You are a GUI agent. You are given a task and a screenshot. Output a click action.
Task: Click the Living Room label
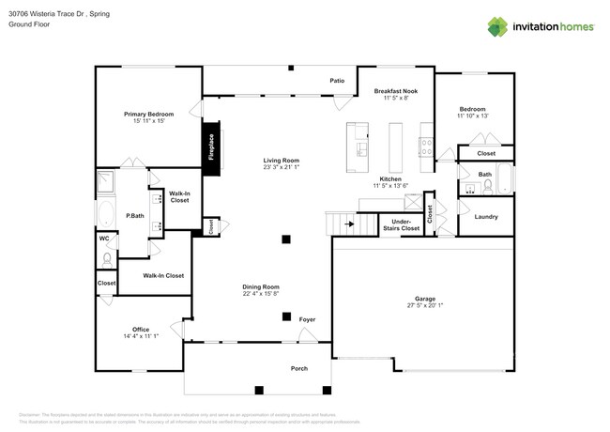point(281,161)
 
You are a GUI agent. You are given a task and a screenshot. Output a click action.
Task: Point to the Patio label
point(337,81)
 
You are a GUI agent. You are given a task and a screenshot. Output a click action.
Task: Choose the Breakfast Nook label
point(395,91)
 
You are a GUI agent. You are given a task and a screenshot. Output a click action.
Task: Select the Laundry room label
point(486,217)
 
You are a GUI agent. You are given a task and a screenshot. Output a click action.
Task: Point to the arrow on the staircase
point(348,224)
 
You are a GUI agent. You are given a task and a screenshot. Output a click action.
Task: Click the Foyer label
point(307,320)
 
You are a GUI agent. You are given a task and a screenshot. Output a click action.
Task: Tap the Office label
point(141,329)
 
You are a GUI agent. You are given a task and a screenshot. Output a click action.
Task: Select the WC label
point(104,238)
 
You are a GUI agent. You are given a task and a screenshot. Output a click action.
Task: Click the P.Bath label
point(134,217)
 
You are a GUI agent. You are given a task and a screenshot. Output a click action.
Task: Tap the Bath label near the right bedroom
point(484,174)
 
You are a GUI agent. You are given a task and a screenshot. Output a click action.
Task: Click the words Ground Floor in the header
point(28,24)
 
